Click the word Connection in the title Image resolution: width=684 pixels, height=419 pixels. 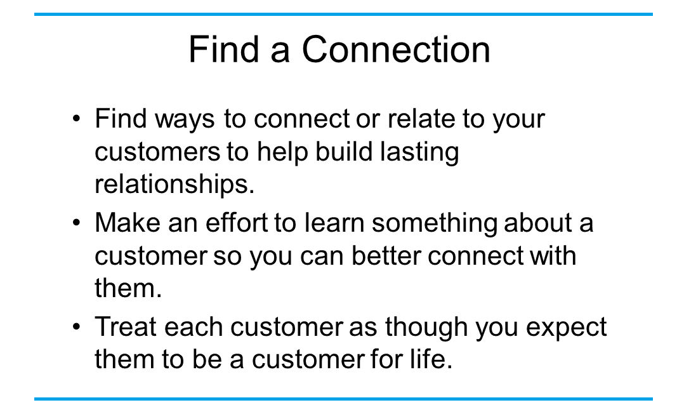[396, 50]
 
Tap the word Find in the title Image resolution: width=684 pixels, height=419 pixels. [224, 49]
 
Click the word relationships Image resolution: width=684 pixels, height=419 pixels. [174, 183]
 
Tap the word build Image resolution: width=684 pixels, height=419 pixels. [344, 151]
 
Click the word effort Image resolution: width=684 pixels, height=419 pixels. [236, 223]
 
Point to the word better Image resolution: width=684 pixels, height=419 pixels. [386, 255]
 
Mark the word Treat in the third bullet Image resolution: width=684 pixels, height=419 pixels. [126, 326]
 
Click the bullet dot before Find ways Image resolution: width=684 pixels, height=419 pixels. [77, 118]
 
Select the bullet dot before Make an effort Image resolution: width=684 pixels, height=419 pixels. [77, 223]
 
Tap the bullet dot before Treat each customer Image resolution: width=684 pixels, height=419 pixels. [77, 326]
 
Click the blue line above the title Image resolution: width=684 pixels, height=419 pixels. [343, 14]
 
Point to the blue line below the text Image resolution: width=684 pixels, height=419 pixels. [343, 399]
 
